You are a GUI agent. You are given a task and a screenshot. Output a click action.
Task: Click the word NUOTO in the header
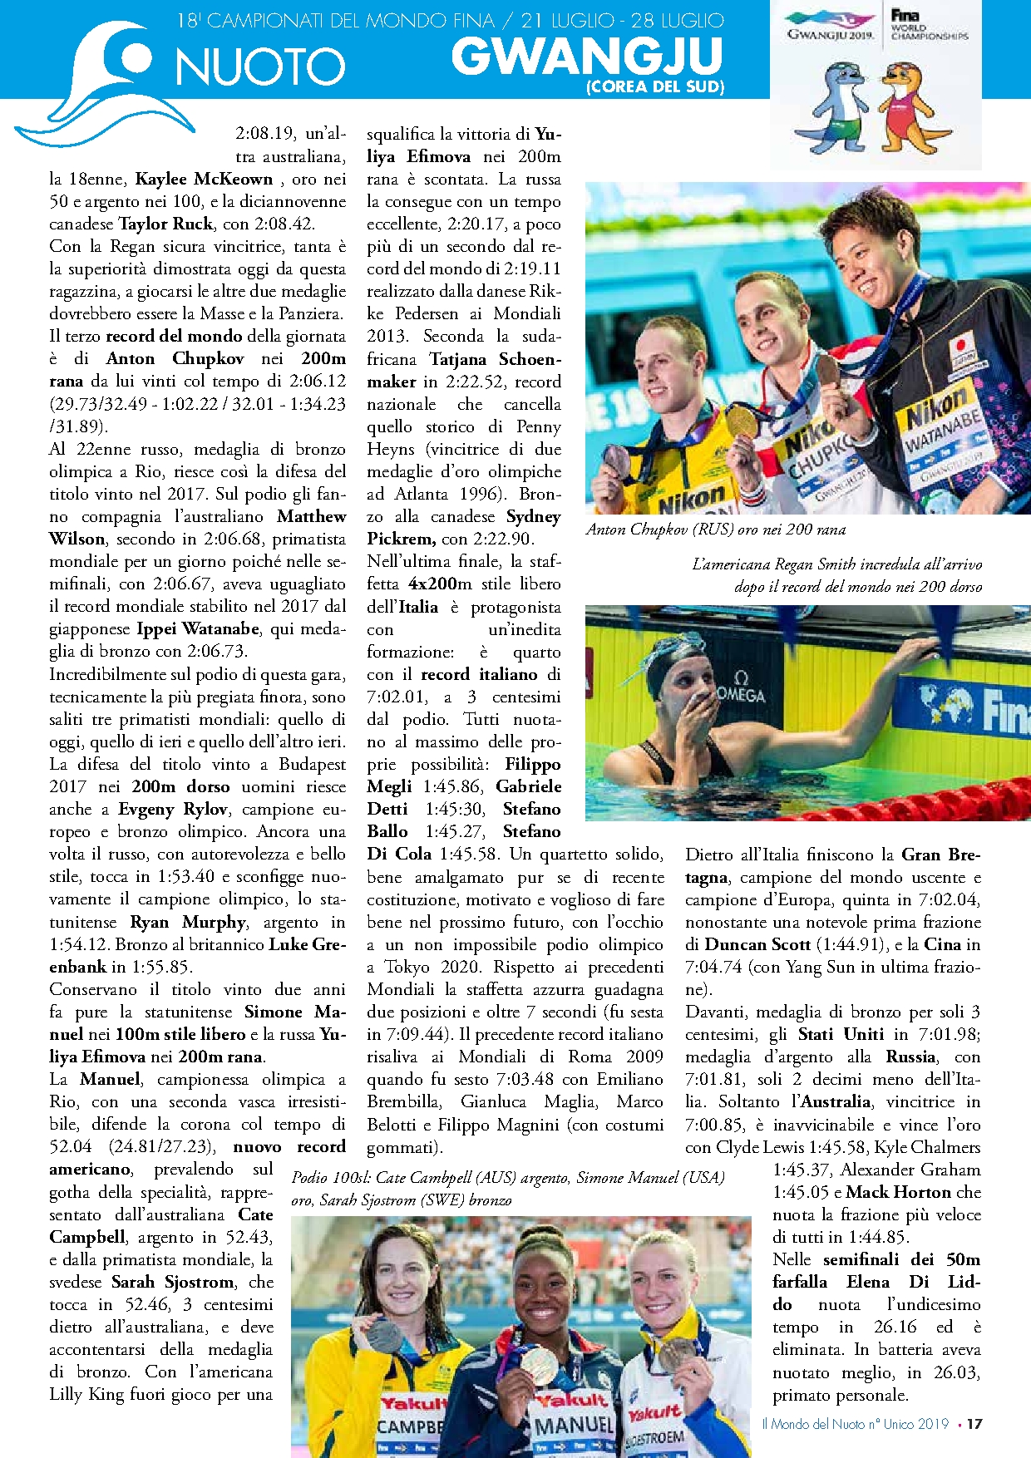click(259, 66)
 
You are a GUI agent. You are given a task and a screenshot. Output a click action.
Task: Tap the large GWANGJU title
click(587, 57)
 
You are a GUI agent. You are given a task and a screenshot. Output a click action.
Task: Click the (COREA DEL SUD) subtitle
click(655, 86)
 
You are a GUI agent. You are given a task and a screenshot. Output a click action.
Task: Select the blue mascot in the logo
click(836, 108)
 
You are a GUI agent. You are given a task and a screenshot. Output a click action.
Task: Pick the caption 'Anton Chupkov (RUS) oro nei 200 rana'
click(715, 530)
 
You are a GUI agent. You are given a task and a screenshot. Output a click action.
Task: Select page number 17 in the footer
click(974, 1424)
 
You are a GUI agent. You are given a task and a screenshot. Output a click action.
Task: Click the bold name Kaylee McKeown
click(204, 179)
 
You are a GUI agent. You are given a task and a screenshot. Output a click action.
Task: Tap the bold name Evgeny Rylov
click(172, 809)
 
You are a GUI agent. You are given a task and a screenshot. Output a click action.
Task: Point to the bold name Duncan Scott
click(757, 944)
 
